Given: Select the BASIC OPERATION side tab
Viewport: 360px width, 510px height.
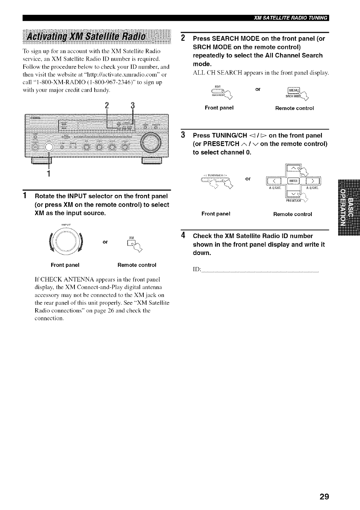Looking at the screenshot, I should click(x=349, y=208).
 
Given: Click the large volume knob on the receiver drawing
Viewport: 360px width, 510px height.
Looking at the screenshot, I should click(x=151, y=142).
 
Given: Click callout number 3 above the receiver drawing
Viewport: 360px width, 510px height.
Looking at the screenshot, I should click(x=132, y=106).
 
